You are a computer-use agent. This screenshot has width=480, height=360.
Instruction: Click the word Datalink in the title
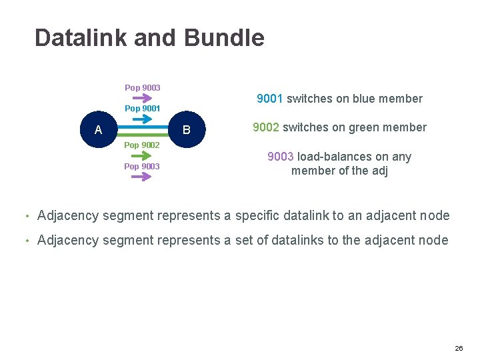click(x=81, y=38)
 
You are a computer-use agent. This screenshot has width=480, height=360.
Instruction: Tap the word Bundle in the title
click(x=224, y=38)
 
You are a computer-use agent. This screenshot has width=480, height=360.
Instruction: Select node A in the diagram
click(x=99, y=130)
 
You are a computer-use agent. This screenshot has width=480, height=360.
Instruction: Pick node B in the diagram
click(x=187, y=130)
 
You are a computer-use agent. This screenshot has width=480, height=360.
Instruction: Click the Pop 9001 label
click(x=142, y=108)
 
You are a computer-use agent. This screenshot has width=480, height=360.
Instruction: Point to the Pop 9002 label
click(x=142, y=145)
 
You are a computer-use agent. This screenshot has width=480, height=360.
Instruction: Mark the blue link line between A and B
click(x=143, y=125)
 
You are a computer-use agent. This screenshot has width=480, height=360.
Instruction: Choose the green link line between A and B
click(x=143, y=134)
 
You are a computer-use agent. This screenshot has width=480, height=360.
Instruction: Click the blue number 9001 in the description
click(x=270, y=99)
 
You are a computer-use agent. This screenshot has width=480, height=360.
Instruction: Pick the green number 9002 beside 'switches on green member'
click(x=266, y=127)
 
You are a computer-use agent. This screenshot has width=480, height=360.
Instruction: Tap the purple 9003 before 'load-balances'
click(x=281, y=157)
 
